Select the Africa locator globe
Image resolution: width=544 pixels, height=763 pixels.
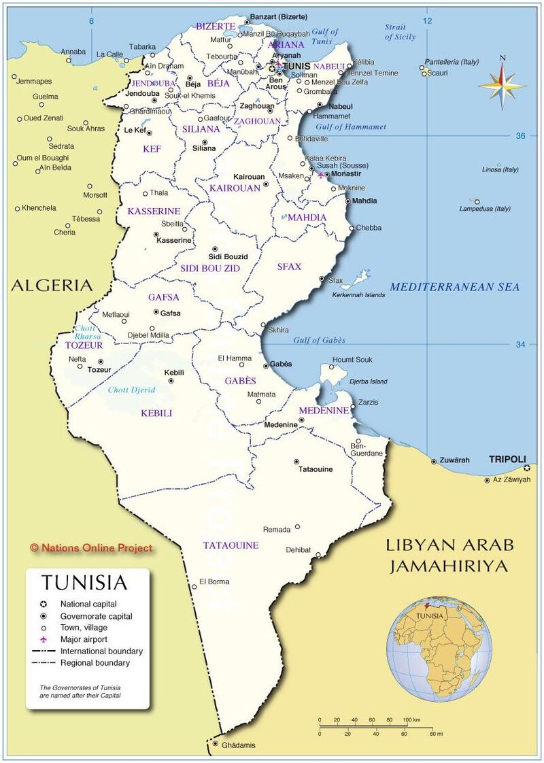click(x=439, y=649)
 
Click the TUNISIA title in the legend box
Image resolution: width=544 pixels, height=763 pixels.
click(x=84, y=583)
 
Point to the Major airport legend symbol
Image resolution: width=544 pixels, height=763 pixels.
click(x=44, y=639)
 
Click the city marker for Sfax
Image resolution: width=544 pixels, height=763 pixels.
click(x=322, y=278)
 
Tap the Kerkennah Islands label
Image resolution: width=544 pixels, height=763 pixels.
click(x=358, y=294)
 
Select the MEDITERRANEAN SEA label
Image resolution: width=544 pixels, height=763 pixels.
click(x=454, y=287)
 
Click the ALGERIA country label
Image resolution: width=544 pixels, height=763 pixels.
click(x=51, y=285)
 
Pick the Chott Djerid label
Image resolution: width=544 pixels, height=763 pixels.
click(x=131, y=390)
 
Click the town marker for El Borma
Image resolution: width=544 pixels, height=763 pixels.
click(x=194, y=587)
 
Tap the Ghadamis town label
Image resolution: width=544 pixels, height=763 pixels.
click(x=239, y=745)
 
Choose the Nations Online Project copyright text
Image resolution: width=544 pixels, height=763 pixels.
click(x=91, y=547)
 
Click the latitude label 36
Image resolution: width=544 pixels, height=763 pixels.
click(x=521, y=136)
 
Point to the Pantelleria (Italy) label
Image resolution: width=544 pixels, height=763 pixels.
click(x=452, y=61)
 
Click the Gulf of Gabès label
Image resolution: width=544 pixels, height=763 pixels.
click(x=319, y=340)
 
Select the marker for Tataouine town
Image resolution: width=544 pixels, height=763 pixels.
click(x=296, y=461)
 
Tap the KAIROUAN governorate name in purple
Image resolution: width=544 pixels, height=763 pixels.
click(x=235, y=188)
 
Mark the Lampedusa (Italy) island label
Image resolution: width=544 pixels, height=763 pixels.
click(x=485, y=208)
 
